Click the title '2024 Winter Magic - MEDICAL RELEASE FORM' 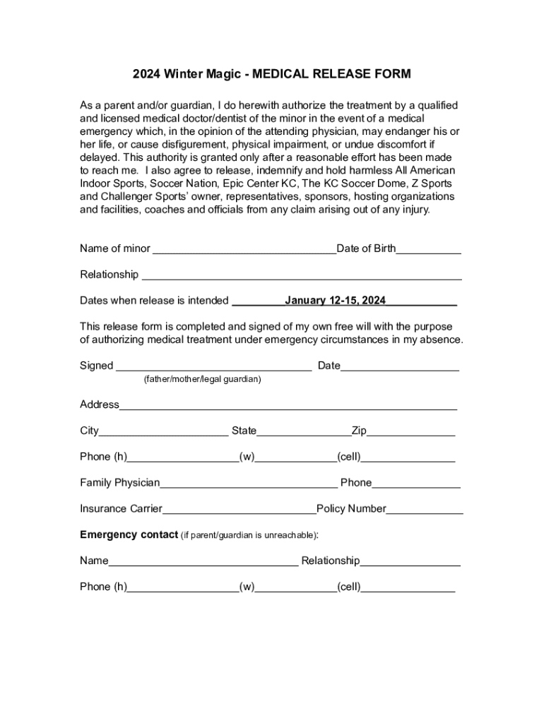click(x=272, y=74)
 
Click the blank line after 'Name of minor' click(x=244, y=249)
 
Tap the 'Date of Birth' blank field click(x=429, y=249)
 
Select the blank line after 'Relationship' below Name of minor click(x=302, y=275)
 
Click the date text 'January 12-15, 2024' click(x=335, y=301)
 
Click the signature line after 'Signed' click(x=213, y=366)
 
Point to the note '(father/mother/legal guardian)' click(x=202, y=380)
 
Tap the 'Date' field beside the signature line click(x=400, y=366)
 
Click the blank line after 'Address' click(x=288, y=406)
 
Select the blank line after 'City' click(x=163, y=432)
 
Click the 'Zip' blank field click(x=410, y=432)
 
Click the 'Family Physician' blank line click(x=249, y=484)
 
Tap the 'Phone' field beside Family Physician click(x=416, y=484)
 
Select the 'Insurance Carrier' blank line click(x=239, y=510)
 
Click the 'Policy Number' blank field click(x=425, y=510)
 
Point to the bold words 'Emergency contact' click(x=129, y=534)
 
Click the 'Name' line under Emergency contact click(x=203, y=562)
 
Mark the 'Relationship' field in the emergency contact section click(x=410, y=562)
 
